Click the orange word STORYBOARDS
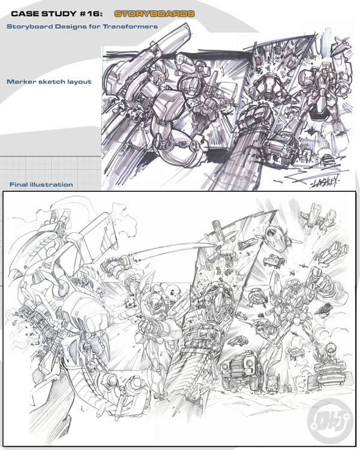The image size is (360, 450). pos(154,13)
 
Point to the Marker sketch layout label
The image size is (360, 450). pos(49,82)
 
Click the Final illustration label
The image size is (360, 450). pos(41,185)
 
